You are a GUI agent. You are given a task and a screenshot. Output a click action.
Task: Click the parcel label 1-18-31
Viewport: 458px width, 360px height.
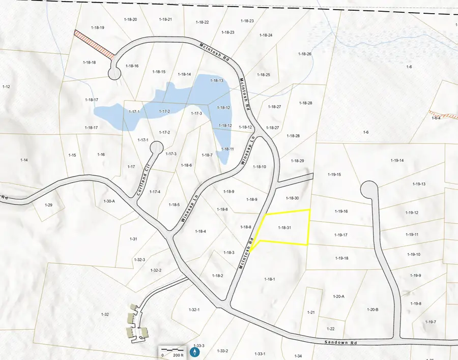(284, 228)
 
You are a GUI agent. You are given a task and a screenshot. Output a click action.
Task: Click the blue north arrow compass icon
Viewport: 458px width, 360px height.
(194, 351)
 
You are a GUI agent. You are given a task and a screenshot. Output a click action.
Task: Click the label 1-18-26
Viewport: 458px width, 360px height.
(305, 54)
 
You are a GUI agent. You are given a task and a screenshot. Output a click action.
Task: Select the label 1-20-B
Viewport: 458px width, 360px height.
(372, 309)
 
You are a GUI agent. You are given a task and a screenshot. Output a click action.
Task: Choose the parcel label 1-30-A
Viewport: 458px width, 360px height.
(109, 201)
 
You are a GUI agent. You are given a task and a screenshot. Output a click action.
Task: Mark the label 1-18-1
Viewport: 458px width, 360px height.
(270, 279)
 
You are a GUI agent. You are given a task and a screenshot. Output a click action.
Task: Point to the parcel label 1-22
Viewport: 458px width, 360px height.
(330, 329)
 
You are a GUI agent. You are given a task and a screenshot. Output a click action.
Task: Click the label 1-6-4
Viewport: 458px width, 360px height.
(436, 118)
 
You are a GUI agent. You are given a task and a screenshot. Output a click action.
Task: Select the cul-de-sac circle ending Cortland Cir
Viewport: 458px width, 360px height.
(156, 148)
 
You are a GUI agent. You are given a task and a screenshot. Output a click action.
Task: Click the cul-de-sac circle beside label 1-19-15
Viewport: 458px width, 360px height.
(368, 190)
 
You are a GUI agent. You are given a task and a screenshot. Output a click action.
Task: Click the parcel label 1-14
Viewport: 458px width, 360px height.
(24, 160)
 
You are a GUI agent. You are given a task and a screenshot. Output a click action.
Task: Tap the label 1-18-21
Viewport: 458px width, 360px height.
(165, 19)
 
